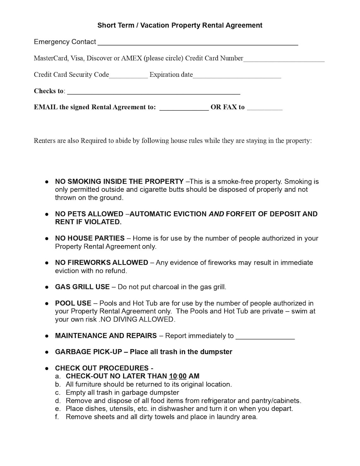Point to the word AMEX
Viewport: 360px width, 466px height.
pyautogui.click(x=132, y=58)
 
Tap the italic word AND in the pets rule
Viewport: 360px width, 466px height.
pyautogui.click(x=216, y=214)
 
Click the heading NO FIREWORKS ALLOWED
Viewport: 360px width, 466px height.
pyautogui.click(x=101, y=263)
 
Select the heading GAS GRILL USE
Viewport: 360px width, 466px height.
pyautogui.click(x=82, y=287)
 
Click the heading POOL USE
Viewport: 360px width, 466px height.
pyautogui.click(x=73, y=303)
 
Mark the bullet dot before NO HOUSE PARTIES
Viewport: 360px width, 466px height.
pyautogui.click(x=47, y=239)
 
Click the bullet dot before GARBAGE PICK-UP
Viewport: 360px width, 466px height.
pyautogui.click(x=47, y=352)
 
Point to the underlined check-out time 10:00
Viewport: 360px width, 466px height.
pyautogui.click(x=178, y=376)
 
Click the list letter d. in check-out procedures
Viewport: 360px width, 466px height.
pyautogui.click(x=57, y=401)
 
